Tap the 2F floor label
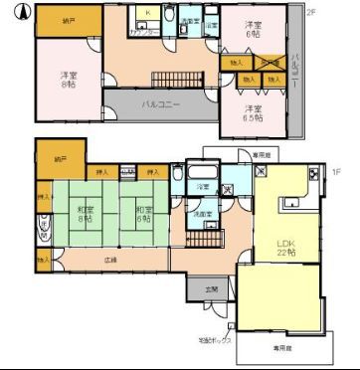click(310, 12)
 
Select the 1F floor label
click(335, 171)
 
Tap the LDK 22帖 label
click(286, 247)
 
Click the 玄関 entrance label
click(211, 288)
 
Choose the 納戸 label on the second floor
click(67, 21)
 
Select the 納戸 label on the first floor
click(61, 157)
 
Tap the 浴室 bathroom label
click(203, 186)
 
